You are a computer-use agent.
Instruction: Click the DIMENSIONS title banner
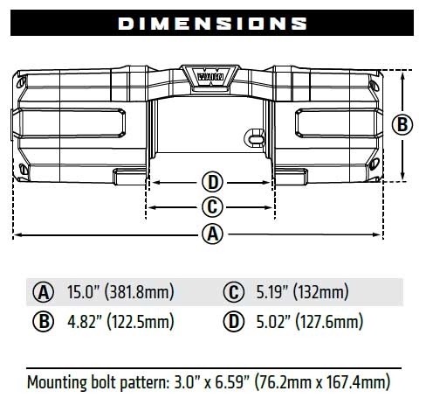[212, 21]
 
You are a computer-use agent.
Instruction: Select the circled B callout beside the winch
[402, 124]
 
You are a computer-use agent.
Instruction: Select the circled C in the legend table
[232, 291]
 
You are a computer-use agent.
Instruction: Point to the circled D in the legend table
[232, 323]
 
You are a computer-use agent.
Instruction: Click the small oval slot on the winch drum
[255, 138]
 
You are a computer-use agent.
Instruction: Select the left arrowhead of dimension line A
[17, 234]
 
